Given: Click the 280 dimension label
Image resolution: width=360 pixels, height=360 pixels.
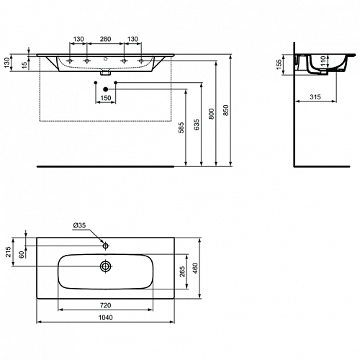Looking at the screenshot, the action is tap(105, 39).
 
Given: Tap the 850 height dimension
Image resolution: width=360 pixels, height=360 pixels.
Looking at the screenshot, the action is tap(226, 110).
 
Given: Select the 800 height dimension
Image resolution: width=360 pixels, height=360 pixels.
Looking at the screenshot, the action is tap(211, 114).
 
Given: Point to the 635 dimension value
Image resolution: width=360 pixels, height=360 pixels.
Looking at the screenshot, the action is tap(197, 125).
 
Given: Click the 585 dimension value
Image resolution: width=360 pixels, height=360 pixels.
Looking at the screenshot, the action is tap(181, 127).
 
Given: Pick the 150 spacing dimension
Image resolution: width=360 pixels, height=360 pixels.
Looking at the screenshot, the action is tap(106, 98).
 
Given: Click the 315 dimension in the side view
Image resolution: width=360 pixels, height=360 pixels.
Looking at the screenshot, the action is tap(315, 97).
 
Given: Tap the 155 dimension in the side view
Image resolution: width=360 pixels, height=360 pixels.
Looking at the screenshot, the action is tap(279, 64).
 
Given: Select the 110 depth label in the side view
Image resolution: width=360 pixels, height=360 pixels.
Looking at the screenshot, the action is tap(323, 61).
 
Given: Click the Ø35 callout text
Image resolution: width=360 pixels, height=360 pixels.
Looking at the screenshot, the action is tap(79, 225).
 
